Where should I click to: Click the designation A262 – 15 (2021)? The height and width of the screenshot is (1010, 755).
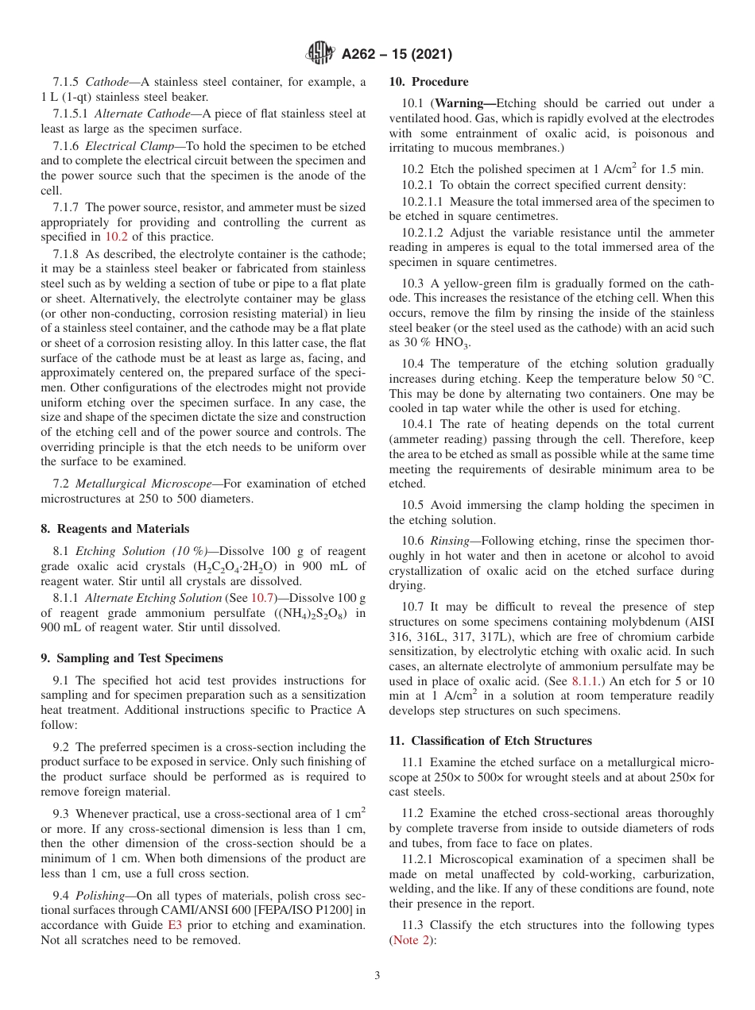pos(397,55)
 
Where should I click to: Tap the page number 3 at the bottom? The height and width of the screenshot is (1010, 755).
pos(377,976)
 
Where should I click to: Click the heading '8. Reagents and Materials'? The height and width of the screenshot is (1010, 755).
pos(115,529)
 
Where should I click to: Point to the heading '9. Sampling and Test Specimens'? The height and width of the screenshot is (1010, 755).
pos(131,658)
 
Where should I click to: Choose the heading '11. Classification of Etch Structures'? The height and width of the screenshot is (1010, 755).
pos(490,741)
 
